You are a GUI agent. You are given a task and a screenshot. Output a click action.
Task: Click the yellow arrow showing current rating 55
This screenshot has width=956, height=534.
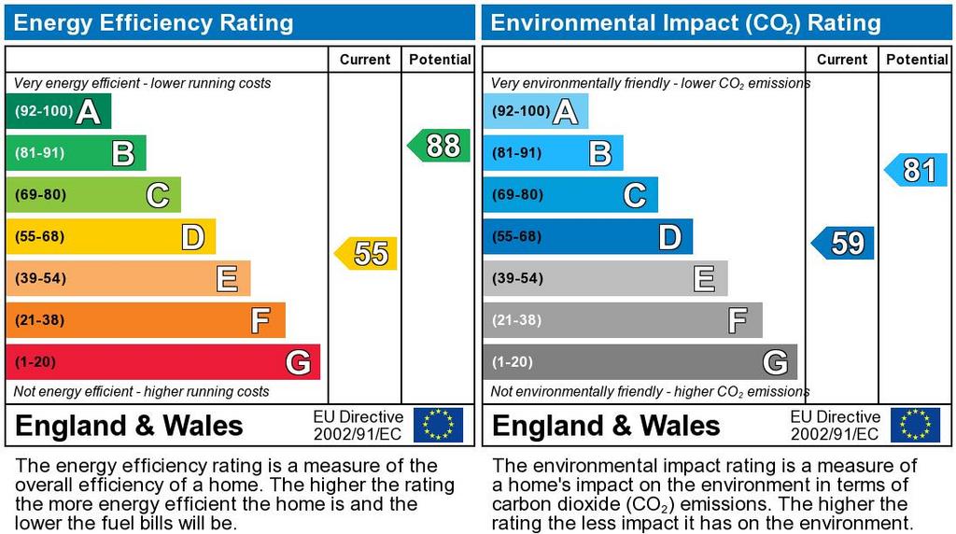click(367, 253)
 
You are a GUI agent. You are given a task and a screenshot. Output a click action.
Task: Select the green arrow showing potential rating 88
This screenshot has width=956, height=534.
click(440, 146)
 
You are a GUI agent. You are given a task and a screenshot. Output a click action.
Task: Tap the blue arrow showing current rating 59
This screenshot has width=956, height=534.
click(844, 244)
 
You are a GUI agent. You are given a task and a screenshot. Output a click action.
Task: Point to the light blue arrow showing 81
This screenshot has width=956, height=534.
click(917, 170)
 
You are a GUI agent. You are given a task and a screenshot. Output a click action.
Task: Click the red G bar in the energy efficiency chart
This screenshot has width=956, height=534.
click(162, 362)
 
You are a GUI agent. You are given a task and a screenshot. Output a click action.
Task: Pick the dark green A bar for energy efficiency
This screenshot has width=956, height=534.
click(58, 111)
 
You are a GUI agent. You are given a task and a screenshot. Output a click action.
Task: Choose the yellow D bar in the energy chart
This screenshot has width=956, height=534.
click(110, 236)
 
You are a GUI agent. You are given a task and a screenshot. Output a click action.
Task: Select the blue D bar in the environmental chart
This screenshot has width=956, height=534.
click(587, 236)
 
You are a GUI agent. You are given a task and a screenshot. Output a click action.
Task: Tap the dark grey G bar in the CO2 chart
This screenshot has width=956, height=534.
click(640, 362)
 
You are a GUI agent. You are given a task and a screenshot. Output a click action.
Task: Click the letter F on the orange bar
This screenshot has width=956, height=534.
click(260, 321)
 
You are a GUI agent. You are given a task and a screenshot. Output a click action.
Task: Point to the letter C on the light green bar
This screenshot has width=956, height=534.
click(157, 195)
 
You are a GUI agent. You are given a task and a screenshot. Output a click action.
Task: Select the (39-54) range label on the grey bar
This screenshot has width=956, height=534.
click(518, 278)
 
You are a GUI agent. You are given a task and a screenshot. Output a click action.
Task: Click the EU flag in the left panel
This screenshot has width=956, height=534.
click(438, 425)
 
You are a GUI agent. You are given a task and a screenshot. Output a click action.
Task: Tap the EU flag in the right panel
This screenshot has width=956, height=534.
click(915, 425)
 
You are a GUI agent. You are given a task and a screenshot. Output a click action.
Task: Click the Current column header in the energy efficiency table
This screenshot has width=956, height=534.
click(365, 60)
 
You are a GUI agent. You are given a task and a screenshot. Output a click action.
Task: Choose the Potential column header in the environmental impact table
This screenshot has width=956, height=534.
click(917, 60)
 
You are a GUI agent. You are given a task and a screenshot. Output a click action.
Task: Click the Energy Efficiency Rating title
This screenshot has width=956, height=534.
click(154, 22)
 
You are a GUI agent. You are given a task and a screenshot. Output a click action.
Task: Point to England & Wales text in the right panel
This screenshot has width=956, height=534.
click(606, 427)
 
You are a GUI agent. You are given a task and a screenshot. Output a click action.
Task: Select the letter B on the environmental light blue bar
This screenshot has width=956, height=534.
click(600, 153)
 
